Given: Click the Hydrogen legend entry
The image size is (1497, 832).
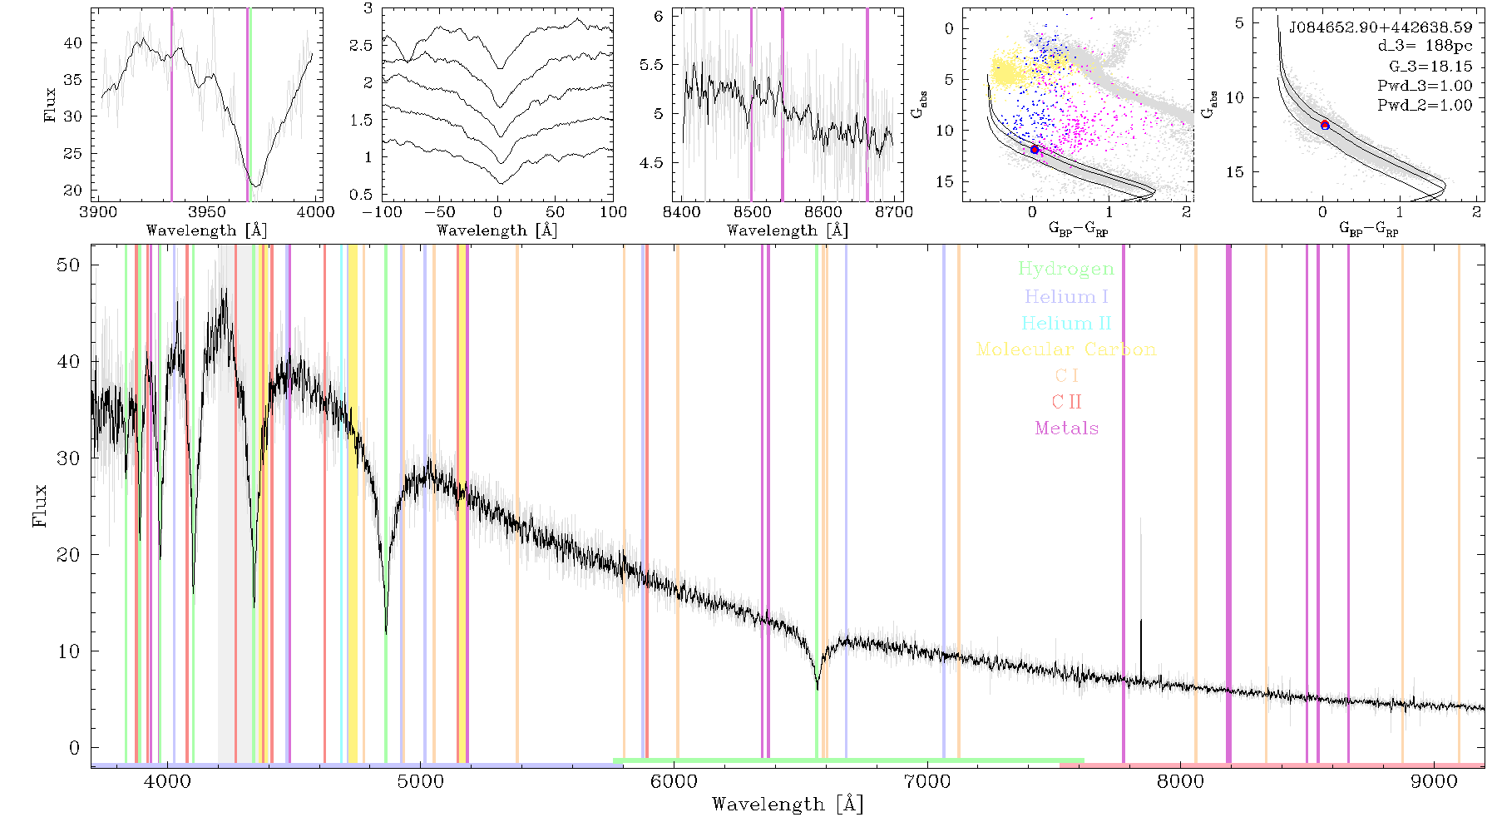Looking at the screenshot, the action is (1066, 270).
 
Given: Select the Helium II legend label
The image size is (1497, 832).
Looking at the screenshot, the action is (1066, 323).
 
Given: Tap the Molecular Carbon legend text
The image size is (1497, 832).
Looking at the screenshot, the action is (1066, 349).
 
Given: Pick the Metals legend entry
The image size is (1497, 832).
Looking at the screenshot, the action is (1067, 428).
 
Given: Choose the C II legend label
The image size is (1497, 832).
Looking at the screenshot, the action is (1067, 402).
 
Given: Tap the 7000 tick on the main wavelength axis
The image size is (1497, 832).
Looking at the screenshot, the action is (927, 781).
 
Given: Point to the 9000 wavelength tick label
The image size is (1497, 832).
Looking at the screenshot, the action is (1434, 781).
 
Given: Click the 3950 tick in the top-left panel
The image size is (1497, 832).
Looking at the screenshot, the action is (206, 212).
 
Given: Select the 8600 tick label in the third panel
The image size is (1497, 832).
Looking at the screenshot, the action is (823, 212).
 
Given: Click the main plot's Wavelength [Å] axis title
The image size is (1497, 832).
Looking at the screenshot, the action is (788, 805).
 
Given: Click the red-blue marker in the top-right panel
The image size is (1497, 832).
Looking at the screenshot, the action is (1325, 125).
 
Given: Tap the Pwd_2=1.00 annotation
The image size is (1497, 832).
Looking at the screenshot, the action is (1425, 106).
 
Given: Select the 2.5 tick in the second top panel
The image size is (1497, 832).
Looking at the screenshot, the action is (362, 46).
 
